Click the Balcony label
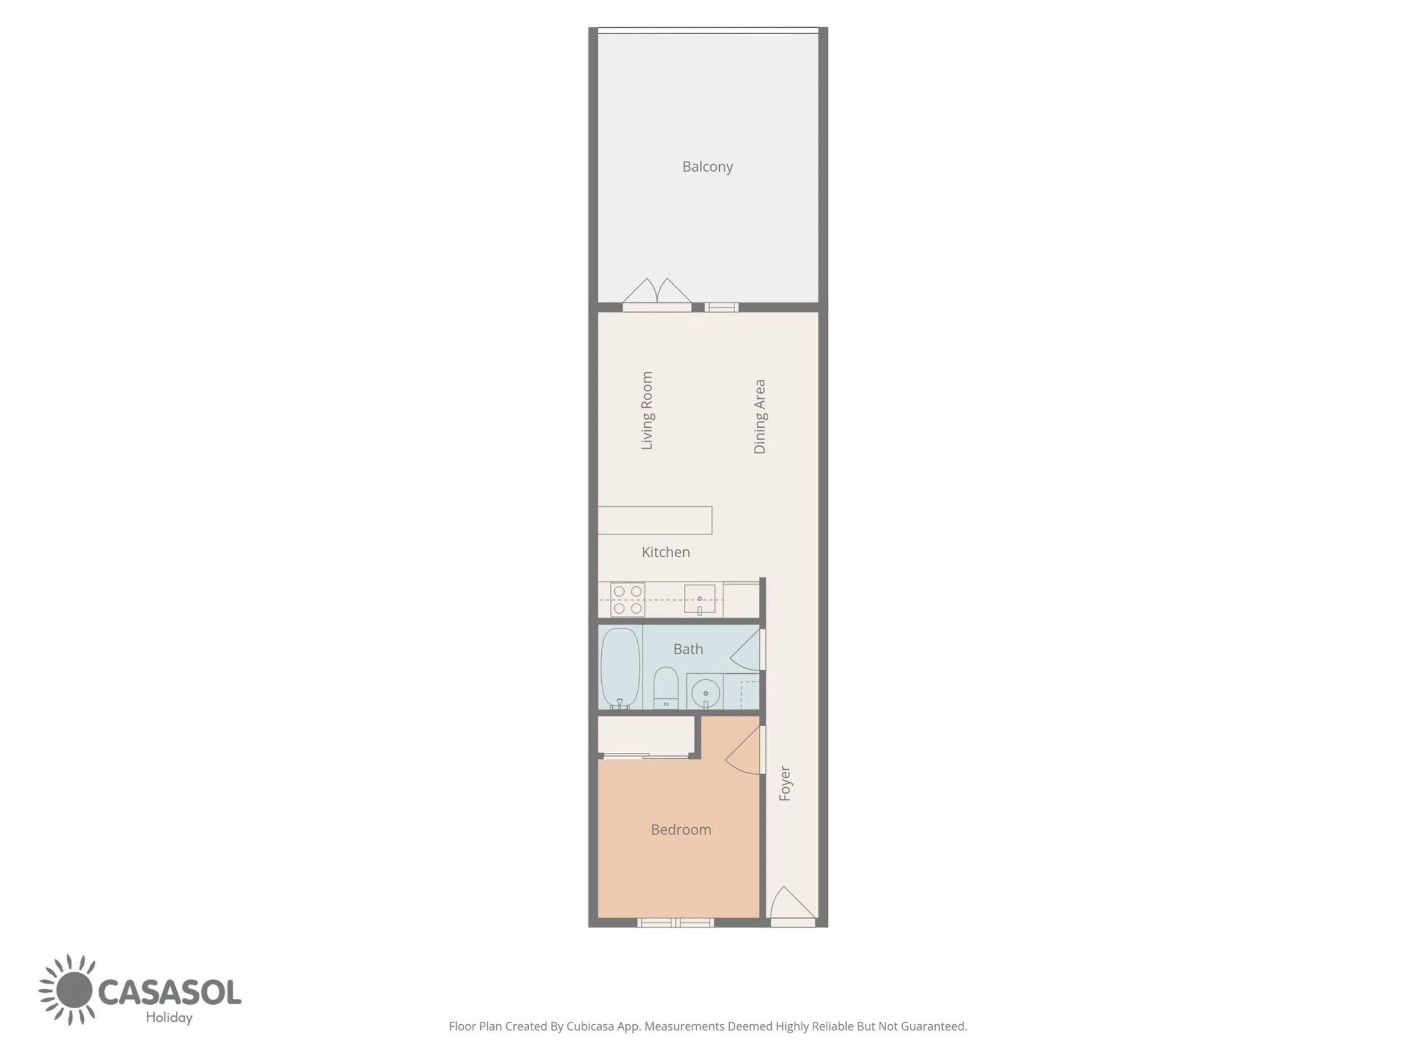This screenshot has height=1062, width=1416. pyautogui.click(x=707, y=167)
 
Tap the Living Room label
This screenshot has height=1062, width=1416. pyautogui.click(x=647, y=410)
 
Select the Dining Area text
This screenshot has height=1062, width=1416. pyautogui.click(x=760, y=417)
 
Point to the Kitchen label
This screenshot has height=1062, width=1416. pyautogui.click(x=666, y=552)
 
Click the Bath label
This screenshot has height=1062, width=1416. pyautogui.click(x=688, y=649)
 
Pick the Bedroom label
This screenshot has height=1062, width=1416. pyautogui.click(x=681, y=830)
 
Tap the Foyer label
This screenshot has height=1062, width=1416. pyautogui.click(x=785, y=783)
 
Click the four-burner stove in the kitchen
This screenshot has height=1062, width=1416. pyautogui.click(x=627, y=600)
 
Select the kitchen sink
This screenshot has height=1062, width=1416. pyautogui.click(x=700, y=600)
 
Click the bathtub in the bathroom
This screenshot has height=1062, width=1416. pyautogui.click(x=620, y=668)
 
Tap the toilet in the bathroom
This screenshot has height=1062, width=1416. pyautogui.click(x=666, y=687)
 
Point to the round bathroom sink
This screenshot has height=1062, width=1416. pyautogui.click(x=706, y=693)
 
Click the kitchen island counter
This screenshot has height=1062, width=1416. pyautogui.click(x=655, y=520)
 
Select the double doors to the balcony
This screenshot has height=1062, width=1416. pyautogui.click(x=657, y=295)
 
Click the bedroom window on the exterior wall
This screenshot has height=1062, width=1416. pyautogui.click(x=676, y=922)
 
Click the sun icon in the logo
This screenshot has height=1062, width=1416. pyautogui.click(x=70, y=989)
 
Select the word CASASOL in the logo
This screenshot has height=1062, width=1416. pyautogui.click(x=170, y=992)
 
